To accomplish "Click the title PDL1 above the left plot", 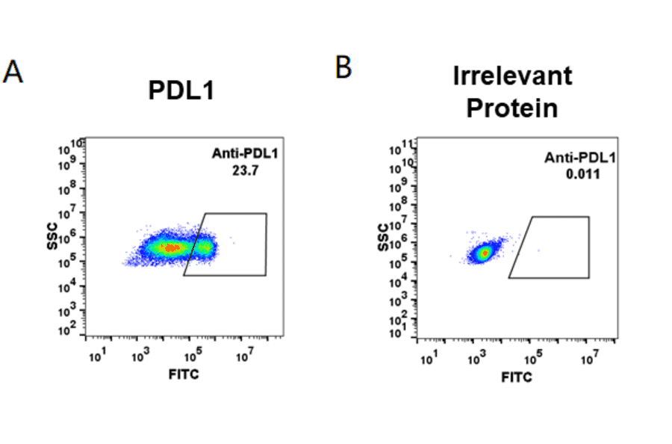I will tap(181, 91).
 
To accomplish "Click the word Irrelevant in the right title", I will tap(512, 75).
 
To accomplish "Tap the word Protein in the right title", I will tap(512, 108).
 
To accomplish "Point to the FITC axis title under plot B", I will tap(517, 377).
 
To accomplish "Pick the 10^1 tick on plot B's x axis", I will tap(429, 362).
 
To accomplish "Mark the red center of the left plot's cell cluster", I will tap(172, 247).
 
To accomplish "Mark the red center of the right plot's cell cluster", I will tap(485, 253).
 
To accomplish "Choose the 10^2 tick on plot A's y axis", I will tap(74, 327).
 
